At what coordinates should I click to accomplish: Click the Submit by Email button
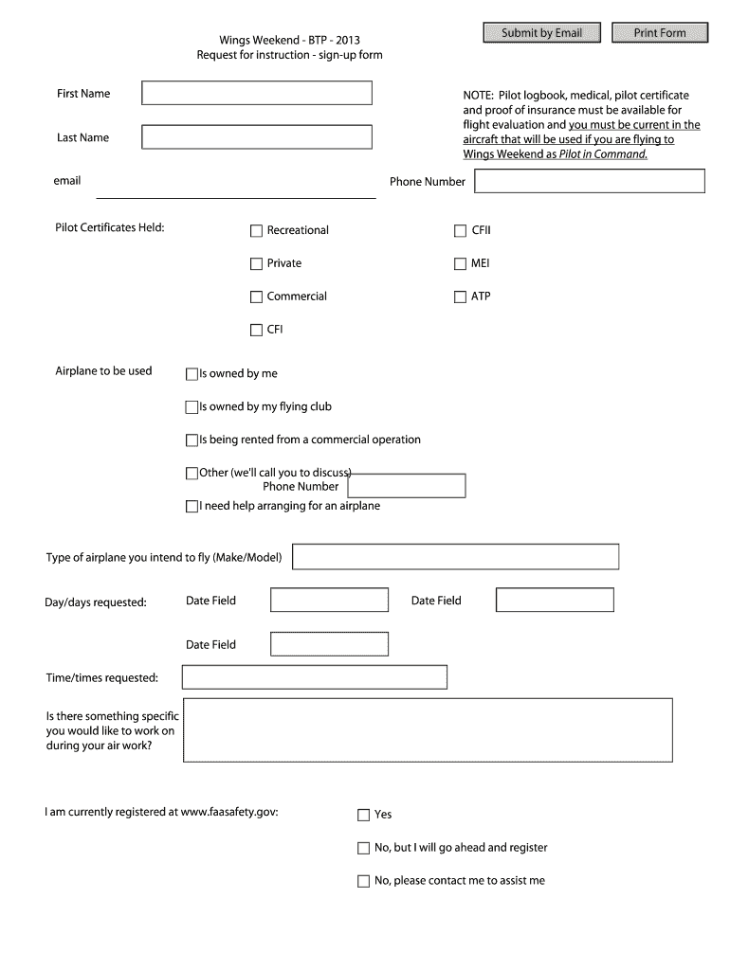pos(541,33)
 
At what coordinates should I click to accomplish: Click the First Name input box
pos(257,93)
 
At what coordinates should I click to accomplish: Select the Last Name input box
pos(257,137)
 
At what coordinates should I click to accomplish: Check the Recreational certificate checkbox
pos(256,230)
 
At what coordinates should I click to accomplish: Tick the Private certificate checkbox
pos(256,263)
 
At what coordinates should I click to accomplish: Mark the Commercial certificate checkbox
pos(256,296)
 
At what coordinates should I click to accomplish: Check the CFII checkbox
pos(461,230)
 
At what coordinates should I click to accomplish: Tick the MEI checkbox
pos(461,263)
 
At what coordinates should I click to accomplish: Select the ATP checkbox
pos(461,296)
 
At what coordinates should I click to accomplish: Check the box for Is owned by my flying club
pos(192,407)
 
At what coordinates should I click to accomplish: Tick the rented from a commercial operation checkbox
pos(192,440)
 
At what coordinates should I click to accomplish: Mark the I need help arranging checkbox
pos(192,507)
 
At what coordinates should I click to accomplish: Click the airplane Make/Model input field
pos(455,557)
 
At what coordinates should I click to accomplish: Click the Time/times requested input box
pos(314,677)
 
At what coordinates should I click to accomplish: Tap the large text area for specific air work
pos(427,730)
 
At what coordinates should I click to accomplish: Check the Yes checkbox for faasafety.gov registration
pos(363,815)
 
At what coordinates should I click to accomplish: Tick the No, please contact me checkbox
pos(363,881)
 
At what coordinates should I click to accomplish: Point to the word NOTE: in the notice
pos(478,96)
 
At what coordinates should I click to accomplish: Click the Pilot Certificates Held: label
pos(110,227)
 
